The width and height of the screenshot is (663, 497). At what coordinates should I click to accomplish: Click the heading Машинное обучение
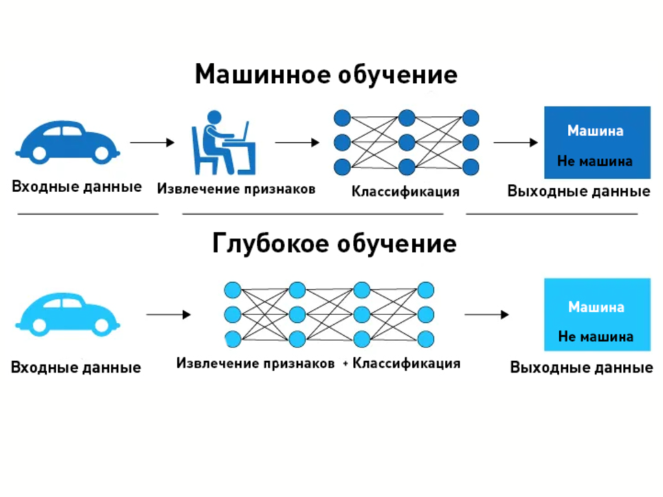click(326, 74)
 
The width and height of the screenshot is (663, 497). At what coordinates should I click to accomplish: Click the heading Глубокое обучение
click(334, 244)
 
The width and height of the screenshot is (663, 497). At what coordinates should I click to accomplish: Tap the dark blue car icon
click(67, 142)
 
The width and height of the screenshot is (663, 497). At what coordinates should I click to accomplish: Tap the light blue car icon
click(67, 314)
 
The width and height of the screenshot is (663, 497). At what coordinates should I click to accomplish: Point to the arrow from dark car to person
click(153, 142)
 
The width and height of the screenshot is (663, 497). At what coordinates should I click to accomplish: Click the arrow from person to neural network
click(297, 142)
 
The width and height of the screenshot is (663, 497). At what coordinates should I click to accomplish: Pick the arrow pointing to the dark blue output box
click(515, 142)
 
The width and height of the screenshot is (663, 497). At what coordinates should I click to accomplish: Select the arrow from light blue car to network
click(169, 315)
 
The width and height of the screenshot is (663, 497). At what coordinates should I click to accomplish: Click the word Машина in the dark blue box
click(596, 131)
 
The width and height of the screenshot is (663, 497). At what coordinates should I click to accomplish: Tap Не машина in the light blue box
click(596, 337)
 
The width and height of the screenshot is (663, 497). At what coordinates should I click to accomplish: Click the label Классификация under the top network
click(405, 192)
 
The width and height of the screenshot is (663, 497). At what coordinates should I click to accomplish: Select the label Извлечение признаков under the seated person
click(236, 190)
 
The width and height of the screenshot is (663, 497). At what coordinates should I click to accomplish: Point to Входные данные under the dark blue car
click(76, 187)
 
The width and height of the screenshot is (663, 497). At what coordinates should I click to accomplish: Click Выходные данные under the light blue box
click(581, 368)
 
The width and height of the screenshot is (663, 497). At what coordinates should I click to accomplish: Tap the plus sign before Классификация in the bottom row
click(346, 364)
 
